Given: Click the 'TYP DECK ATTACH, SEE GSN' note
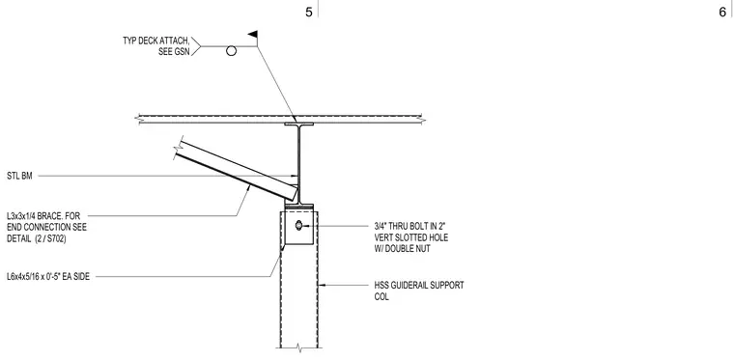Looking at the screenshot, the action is tap(156, 46).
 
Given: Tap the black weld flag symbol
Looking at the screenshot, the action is tap(253, 34).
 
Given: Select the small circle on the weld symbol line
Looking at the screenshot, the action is tap(231, 51).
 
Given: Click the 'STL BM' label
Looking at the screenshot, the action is tap(19, 177).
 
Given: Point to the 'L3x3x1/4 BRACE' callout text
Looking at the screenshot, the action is tap(37, 216).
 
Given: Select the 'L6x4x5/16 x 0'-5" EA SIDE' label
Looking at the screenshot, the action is tap(47, 277).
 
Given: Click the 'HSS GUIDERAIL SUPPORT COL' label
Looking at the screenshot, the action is tap(419, 291).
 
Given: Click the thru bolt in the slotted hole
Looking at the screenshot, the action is tap(298, 226).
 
